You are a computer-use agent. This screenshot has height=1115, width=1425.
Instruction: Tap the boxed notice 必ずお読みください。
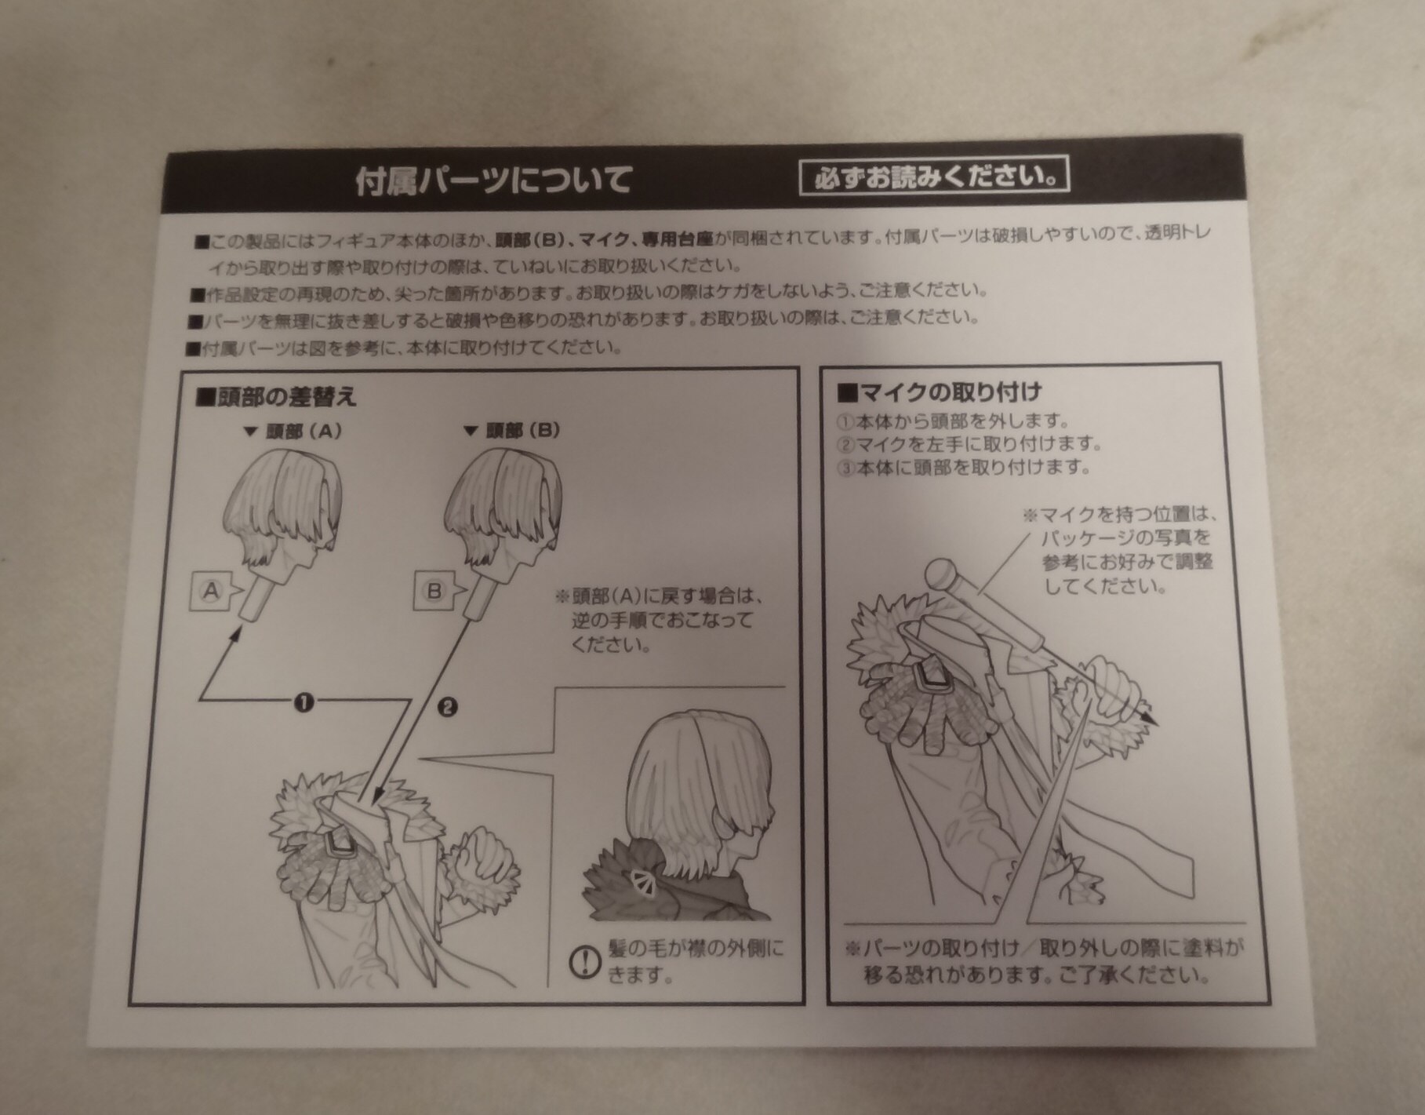(934, 177)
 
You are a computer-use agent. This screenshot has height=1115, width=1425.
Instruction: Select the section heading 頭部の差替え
(276, 397)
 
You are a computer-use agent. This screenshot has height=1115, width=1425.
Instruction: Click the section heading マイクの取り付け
(939, 392)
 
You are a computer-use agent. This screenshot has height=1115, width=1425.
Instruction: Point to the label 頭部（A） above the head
(293, 431)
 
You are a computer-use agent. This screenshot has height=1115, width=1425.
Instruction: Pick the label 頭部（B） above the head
(512, 430)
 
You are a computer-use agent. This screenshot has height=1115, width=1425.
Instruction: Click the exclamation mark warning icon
(583, 961)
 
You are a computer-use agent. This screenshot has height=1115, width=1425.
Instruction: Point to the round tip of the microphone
(938, 574)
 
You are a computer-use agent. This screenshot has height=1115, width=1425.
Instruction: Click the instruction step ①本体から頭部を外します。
(954, 421)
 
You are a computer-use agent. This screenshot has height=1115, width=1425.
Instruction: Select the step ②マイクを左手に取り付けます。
(970, 444)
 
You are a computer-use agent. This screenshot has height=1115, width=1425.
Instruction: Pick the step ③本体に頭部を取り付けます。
(965, 468)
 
